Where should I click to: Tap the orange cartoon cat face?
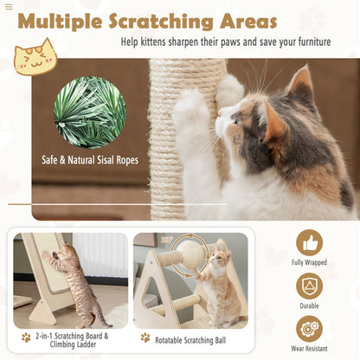(34, 57)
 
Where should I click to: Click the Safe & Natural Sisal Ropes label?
(90, 159)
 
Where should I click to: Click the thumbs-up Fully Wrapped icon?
(309, 242)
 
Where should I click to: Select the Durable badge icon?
(309, 286)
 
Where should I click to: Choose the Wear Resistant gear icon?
(309, 328)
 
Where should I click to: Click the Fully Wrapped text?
(309, 262)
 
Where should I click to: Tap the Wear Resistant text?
(309, 348)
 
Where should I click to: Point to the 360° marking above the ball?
(166, 240)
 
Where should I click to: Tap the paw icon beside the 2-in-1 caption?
(26, 337)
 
